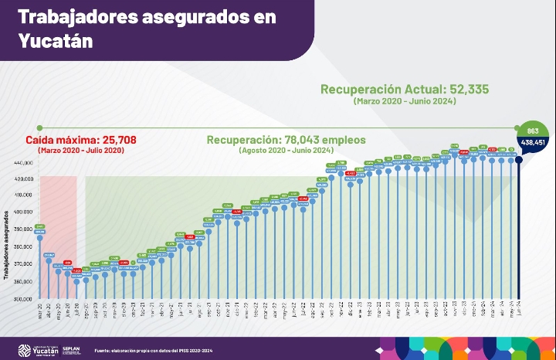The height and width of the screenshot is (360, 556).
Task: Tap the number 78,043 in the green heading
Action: (301, 140)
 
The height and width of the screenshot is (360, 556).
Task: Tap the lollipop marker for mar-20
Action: (39, 237)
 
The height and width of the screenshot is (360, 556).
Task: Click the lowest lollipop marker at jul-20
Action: (76, 282)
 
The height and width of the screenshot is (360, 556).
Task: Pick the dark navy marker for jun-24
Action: (519, 160)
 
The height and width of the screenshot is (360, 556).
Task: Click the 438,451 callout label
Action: (533, 142)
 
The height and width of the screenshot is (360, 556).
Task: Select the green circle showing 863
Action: (533, 130)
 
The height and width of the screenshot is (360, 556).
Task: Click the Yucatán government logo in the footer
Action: (35, 348)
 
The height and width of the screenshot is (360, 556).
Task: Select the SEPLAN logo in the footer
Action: (71, 348)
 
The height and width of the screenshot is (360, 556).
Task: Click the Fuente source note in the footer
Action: (153, 349)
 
